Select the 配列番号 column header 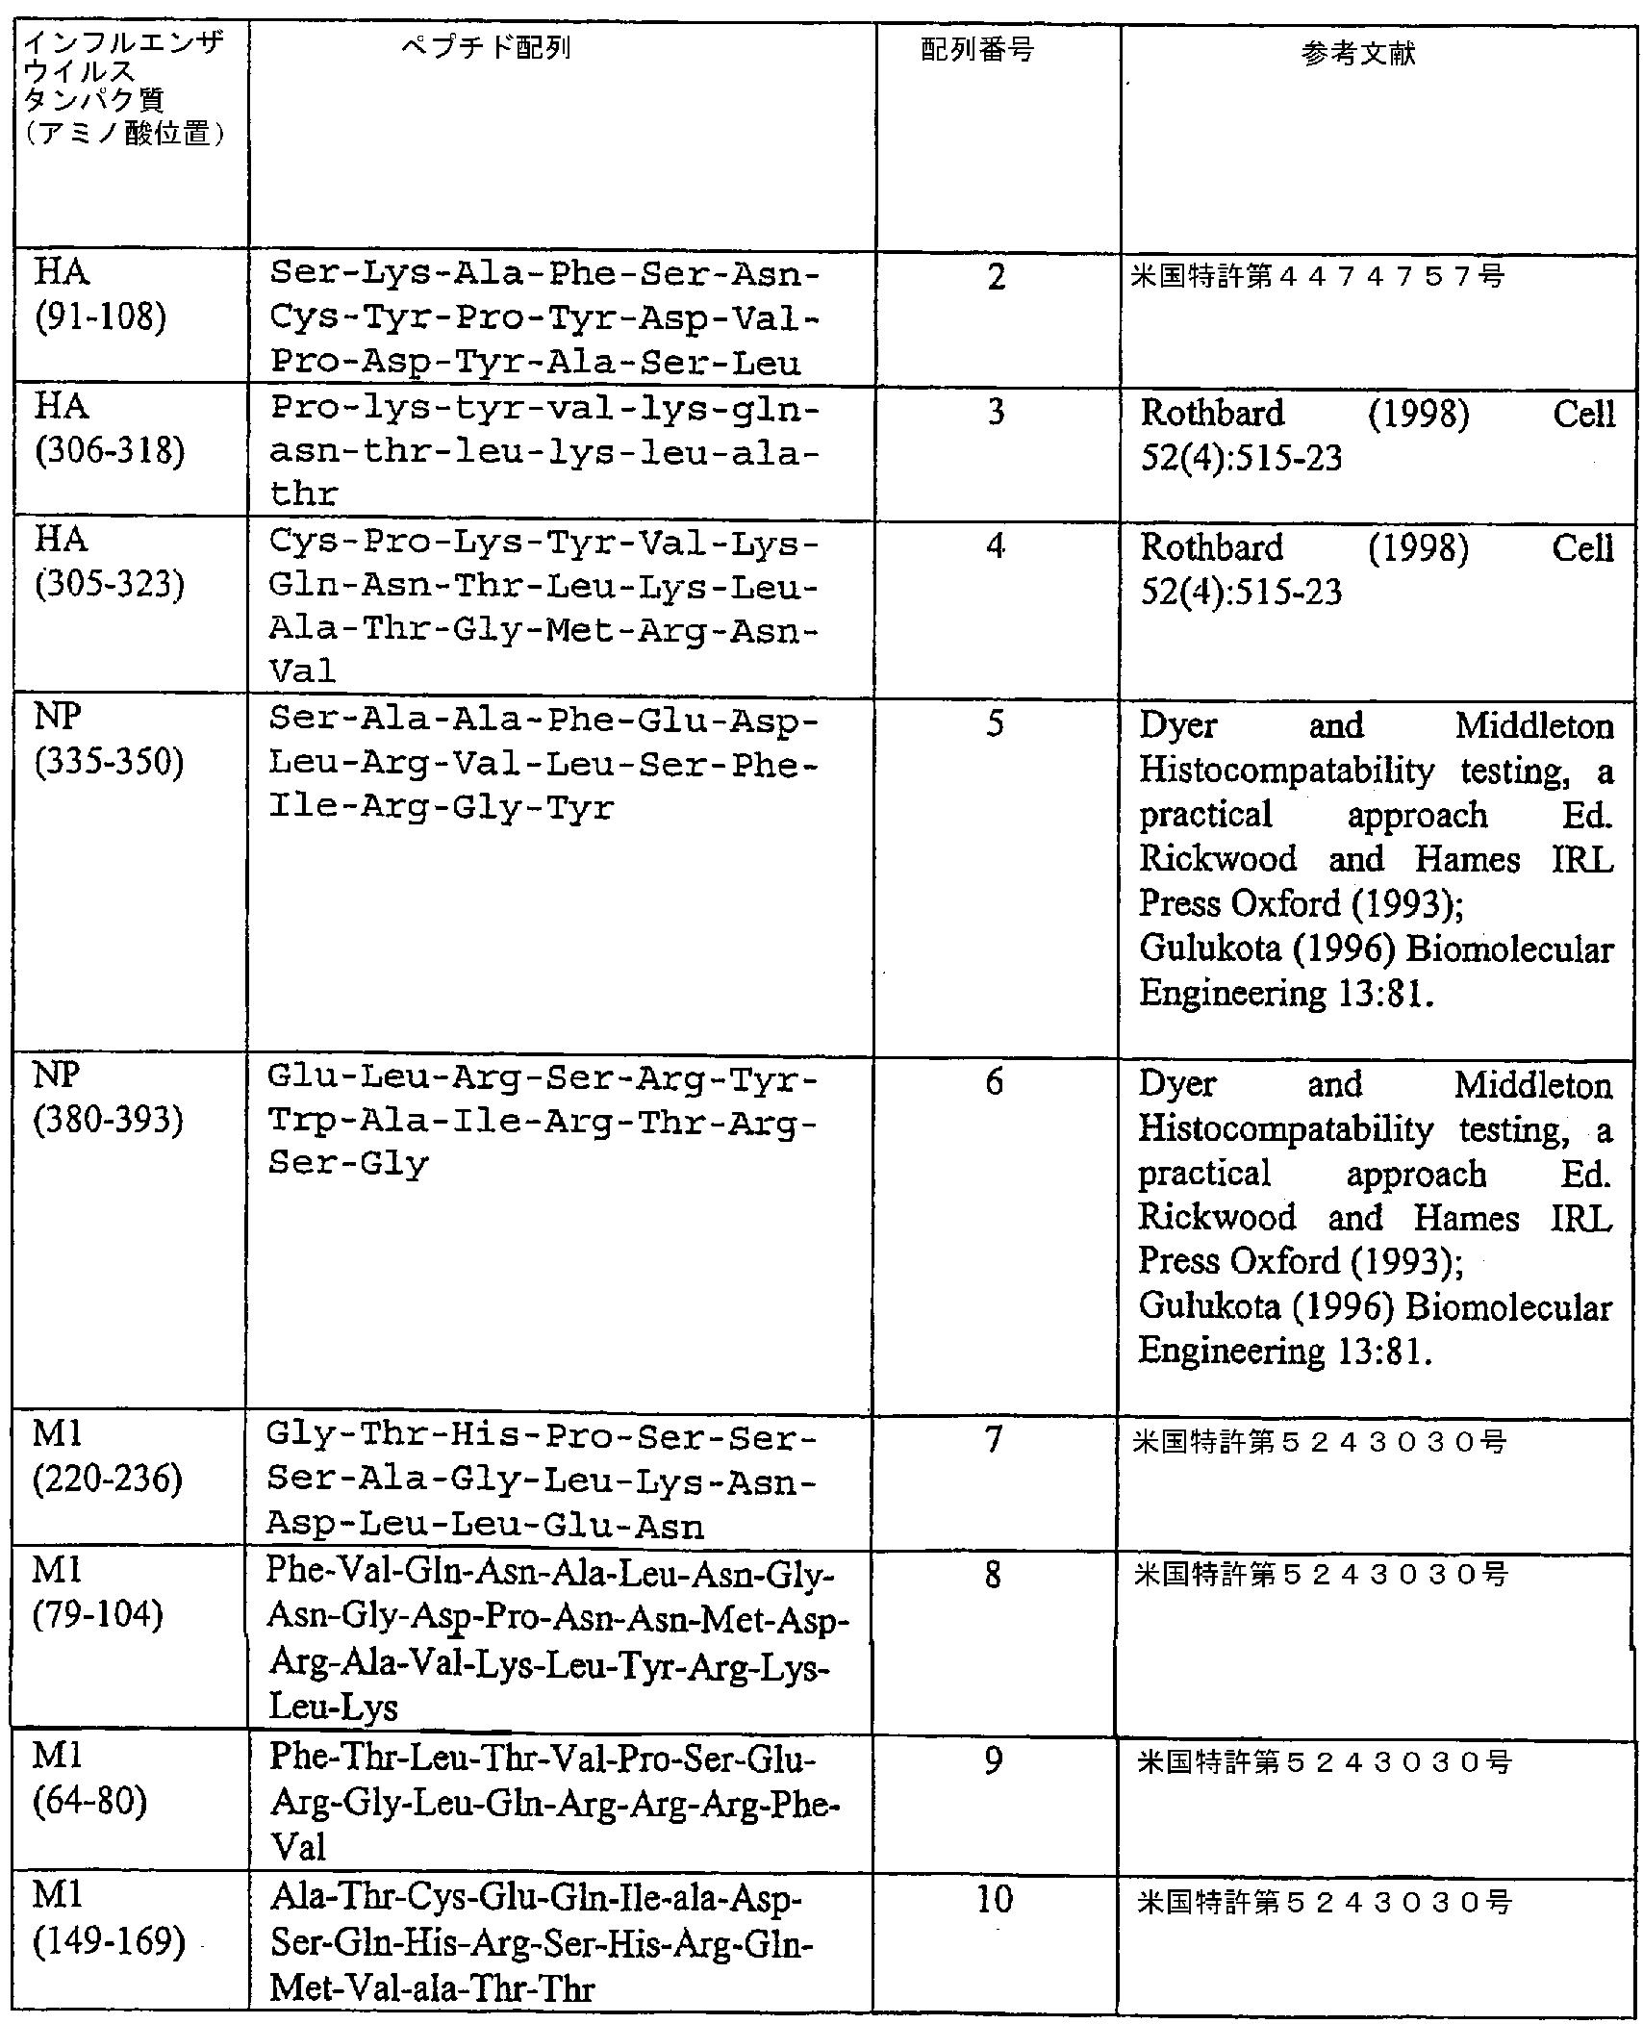pos(977,50)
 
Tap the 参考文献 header pos(1358,54)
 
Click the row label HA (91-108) pos(100,294)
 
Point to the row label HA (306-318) pos(108,428)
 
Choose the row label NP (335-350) pos(108,741)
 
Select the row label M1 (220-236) pos(107,1456)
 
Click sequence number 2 pos(996,277)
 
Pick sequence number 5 pos(995,723)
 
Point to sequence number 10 pos(994,1899)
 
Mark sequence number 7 pos(994,1439)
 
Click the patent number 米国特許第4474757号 pos(1318,277)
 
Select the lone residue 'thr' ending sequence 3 pos(303,494)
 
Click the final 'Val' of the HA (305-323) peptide pos(302,670)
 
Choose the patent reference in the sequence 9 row pos(1324,1761)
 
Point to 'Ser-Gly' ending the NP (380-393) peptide pos(347,1163)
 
